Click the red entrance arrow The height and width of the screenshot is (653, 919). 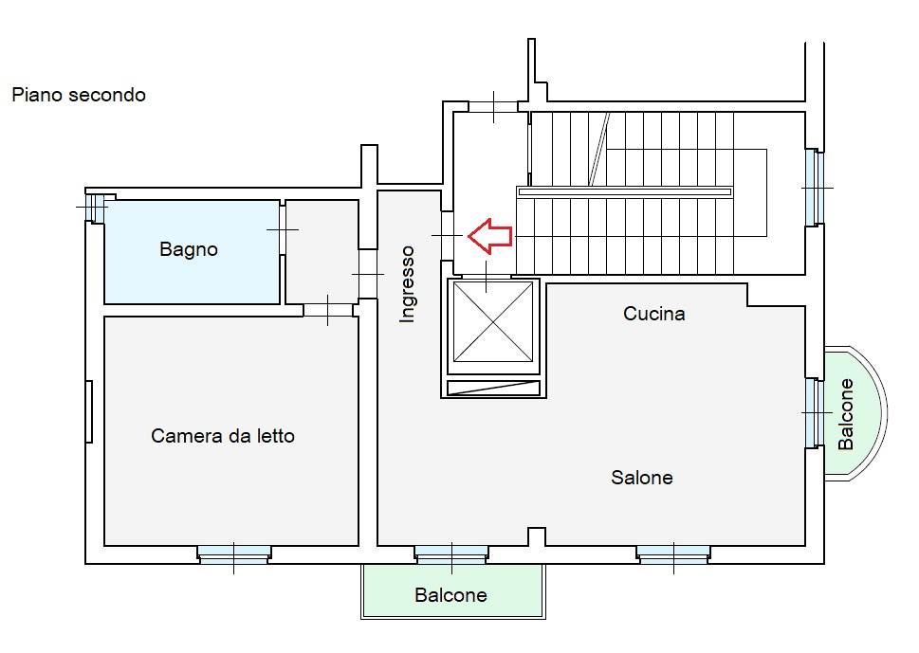[x=491, y=236]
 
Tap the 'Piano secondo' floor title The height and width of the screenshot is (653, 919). [x=79, y=95]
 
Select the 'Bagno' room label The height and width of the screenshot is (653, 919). [x=189, y=250]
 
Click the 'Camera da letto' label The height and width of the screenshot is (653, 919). [x=223, y=437]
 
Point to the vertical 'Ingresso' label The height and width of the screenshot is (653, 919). [x=408, y=284]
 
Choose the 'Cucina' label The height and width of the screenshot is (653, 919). [x=654, y=314]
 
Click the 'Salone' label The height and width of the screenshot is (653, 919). [x=642, y=479]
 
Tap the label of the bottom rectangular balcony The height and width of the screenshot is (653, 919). [x=450, y=596]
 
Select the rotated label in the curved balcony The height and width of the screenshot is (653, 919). [x=847, y=414]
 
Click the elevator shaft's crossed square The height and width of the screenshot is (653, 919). [x=492, y=321]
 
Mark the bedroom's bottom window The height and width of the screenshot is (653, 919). [x=234, y=553]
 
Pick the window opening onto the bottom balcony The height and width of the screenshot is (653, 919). [x=451, y=553]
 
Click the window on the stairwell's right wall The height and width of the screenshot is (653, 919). [x=812, y=188]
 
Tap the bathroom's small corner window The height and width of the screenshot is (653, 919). [x=94, y=206]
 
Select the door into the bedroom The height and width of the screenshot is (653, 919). [x=328, y=309]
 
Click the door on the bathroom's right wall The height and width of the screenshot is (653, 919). [x=283, y=228]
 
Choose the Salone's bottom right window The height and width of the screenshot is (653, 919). [x=673, y=553]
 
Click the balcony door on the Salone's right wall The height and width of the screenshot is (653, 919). [x=813, y=412]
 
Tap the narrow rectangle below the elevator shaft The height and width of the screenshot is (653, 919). [x=492, y=388]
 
